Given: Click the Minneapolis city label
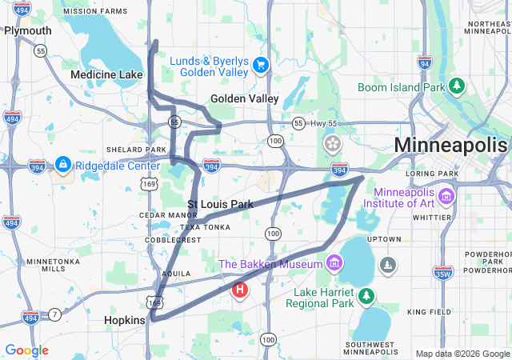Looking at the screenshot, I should coord(450,146).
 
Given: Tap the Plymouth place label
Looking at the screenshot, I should coord(27,30).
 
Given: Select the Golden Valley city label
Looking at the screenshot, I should coord(244,98).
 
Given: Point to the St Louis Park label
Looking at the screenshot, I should coord(220,204).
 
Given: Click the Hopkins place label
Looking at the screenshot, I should coord(125,320).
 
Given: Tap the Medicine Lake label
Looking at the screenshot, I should coord(106,74).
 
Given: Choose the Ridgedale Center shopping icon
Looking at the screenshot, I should coord(62,165).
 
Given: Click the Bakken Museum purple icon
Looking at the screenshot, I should coord(334,263).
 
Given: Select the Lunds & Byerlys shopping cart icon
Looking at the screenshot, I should coord(260,65).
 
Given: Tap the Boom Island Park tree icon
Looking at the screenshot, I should coord(457,86).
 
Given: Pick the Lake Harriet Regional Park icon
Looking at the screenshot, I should coord(366,296).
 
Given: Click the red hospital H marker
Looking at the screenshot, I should coord(239,290).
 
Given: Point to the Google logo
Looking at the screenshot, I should coord(26,350).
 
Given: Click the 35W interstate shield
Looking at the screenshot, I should coord(442,274).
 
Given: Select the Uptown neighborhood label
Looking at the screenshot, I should coord(383,239).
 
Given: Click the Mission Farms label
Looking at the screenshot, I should coord(94,12).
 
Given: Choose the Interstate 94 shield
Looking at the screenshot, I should coord(425,62).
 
